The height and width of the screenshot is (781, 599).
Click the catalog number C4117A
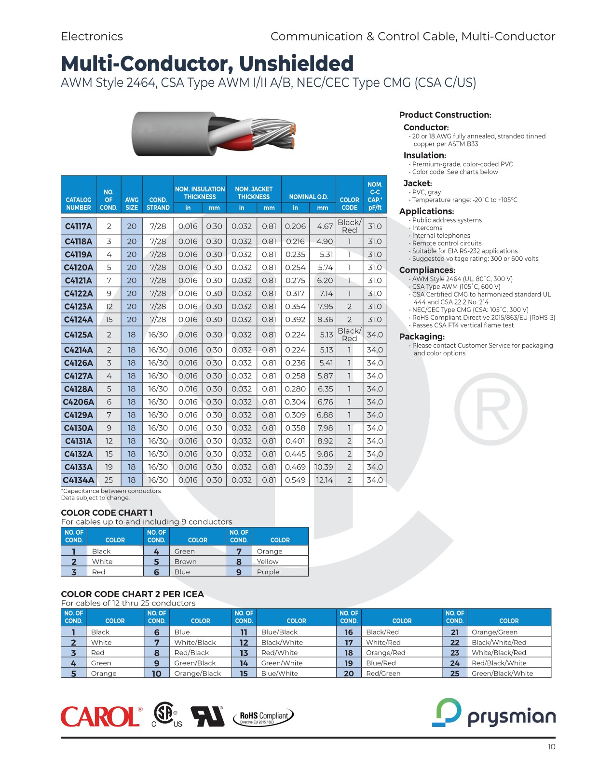pos(79,226)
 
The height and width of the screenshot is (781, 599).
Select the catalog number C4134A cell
pos(79,480)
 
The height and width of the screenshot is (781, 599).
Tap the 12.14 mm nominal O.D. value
pos(324,480)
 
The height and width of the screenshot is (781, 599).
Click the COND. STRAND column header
pos(158,203)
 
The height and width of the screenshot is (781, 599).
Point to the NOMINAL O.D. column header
pos(309,197)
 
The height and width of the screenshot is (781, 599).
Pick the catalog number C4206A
pos(79,402)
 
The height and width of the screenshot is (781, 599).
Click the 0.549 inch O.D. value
pos(295,480)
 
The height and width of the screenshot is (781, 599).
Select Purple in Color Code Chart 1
pos(268,572)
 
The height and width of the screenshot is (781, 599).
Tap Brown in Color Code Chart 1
pos(186,562)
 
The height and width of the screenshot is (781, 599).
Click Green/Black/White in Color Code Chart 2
pos(503,673)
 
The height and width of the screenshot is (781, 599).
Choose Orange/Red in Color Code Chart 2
pos(386,653)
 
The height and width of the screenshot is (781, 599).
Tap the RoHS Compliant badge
pos(264,717)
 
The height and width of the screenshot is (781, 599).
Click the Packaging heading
pos(422,337)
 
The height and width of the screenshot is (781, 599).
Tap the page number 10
pos(551,747)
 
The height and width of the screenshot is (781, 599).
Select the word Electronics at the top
pos(92,37)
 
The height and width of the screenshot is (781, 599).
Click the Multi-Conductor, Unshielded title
pos(207,64)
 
